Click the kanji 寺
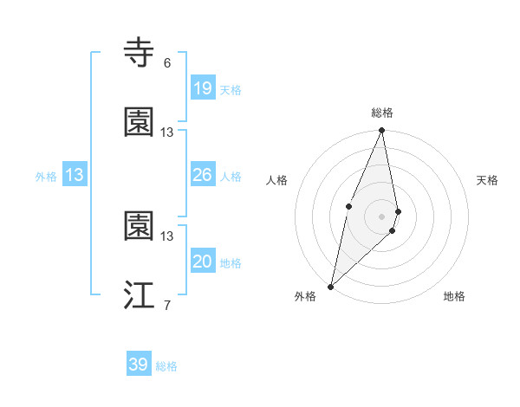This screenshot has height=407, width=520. pyautogui.click(x=140, y=53)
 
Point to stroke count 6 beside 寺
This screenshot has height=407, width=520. pyautogui.click(x=166, y=63)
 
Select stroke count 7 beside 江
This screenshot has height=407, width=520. pyautogui.click(x=166, y=306)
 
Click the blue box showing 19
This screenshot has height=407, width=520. pyautogui.click(x=202, y=88)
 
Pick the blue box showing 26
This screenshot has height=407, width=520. pyautogui.click(x=202, y=175)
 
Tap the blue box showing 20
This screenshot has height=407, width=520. pyautogui.click(x=202, y=262)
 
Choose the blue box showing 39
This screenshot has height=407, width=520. pyautogui.click(x=138, y=365)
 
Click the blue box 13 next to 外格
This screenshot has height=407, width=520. pyautogui.click(x=74, y=175)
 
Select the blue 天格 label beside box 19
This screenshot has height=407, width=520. pyautogui.click(x=231, y=90)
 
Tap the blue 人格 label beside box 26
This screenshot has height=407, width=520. pyautogui.click(x=231, y=177)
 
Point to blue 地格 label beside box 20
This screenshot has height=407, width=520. pyautogui.click(x=231, y=263)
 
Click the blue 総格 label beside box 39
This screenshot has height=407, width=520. pyautogui.click(x=166, y=366)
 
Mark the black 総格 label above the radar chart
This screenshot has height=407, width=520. pyautogui.click(x=382, y=113)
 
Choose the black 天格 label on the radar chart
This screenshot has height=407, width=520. pyautogui.click(x=488, y=180)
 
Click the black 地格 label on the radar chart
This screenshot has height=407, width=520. pyautogui.click(x=454, y=296)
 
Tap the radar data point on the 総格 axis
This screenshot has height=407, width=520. pyautogui.click(x=382, y=131)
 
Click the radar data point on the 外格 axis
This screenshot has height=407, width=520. pyautogui.click(x=331, y=286)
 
